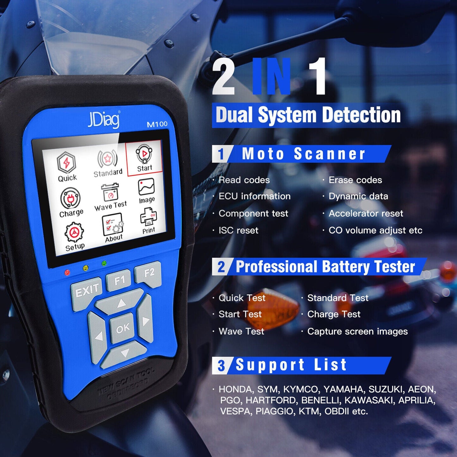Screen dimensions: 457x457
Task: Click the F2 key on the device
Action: [148, 273]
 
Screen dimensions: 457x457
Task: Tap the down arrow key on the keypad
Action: [125, 353]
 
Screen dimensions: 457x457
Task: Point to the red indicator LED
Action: [67, 272]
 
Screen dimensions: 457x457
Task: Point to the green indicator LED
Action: [104, 263]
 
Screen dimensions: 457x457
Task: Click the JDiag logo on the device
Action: [103, 120]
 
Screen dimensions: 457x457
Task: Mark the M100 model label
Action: [157, 124]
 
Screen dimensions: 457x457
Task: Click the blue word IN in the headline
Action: [272, 76]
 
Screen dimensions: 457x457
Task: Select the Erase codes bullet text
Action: [355, 180]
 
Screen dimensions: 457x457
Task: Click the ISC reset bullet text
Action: [238, 230]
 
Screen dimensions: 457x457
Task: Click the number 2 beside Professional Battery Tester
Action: [221, 267]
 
